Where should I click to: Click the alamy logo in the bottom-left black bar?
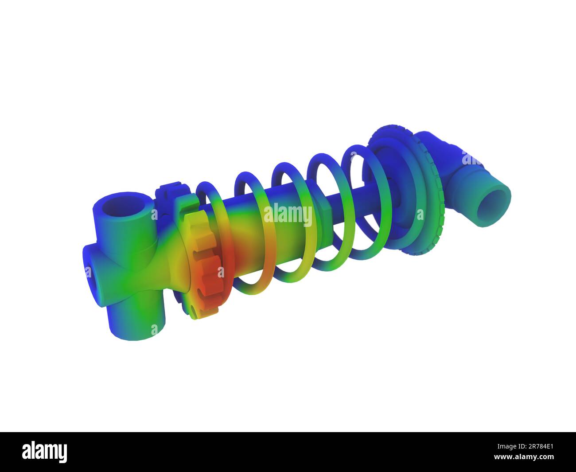click(45, 452)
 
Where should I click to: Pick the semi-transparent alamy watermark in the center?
click(288, 215)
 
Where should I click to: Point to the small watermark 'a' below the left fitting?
click(154, 330)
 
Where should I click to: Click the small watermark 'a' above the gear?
click(154, 215)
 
